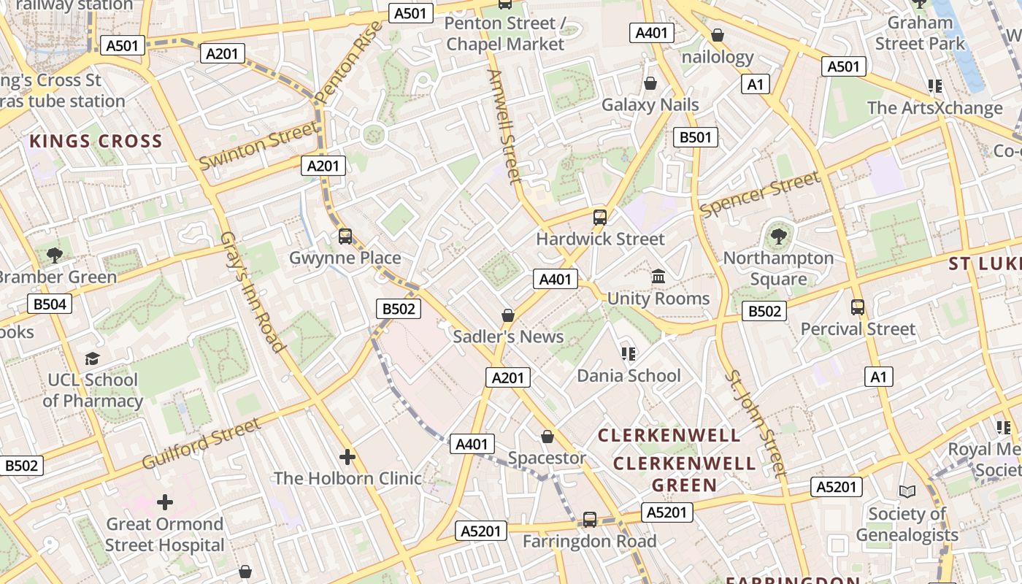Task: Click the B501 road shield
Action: coord(695,137)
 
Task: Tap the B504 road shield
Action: coord(50,304)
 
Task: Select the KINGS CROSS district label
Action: coord(96,142)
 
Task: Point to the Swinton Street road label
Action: coord(259,145)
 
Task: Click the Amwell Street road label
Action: coord(504,126)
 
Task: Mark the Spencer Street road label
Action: coord(760,194)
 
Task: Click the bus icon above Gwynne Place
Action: coord(345,237)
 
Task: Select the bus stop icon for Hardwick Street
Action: coord(600,218)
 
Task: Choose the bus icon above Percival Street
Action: coord(858,307)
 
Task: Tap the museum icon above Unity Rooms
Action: coord(658,277)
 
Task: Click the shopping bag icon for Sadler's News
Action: coord(508,315)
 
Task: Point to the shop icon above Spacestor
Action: coord(547,437)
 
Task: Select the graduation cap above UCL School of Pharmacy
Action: coord(92,358)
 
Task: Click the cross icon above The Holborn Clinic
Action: coord(347,458)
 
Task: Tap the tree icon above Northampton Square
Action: coord(778,236)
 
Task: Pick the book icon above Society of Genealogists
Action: coord(907,492)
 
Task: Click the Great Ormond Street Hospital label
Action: coord(165,534)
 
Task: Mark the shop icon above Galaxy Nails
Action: coord(650,83)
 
